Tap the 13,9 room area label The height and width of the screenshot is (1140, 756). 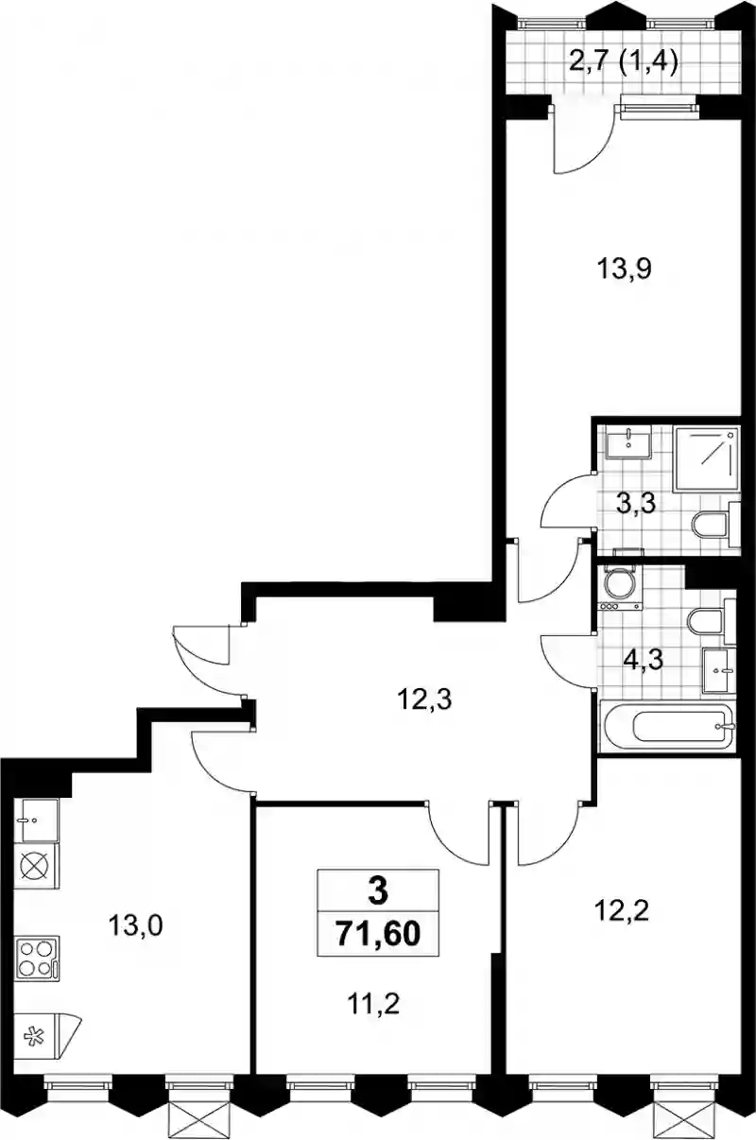coord(625,269)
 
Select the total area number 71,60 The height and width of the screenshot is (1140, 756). coord(378,934)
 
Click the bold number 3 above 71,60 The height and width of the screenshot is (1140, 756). coord(378,891)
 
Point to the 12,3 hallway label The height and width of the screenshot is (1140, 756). coord(425,700)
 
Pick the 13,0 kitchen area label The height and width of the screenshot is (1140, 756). coord(135,925)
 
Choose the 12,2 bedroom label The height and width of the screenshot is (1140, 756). coord(622,911)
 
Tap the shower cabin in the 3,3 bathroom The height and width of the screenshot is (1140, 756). coord(706,459)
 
